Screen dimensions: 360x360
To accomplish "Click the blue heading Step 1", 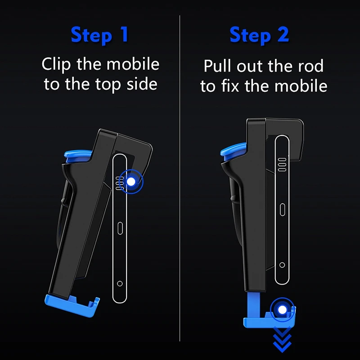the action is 99,35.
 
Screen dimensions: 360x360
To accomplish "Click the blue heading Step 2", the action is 259,35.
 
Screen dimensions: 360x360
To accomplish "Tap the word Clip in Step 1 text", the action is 56,64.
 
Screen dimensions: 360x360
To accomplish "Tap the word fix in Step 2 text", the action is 230,85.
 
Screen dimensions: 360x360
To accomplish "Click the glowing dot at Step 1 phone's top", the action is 131,182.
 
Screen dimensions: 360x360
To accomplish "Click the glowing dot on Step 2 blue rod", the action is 282,310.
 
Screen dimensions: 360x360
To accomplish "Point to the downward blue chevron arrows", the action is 282,340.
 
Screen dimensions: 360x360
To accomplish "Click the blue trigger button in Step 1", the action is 77,156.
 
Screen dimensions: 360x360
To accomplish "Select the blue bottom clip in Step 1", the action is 72,305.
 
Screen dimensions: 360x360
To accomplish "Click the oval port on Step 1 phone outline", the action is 120,228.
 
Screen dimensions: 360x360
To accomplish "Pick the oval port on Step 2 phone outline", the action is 283,210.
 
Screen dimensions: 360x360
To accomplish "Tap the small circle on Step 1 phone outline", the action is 120,283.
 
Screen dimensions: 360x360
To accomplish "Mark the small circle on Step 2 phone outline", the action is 282,265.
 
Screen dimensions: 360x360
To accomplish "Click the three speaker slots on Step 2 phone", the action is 282,165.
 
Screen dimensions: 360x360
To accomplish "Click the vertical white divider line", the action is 180,178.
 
